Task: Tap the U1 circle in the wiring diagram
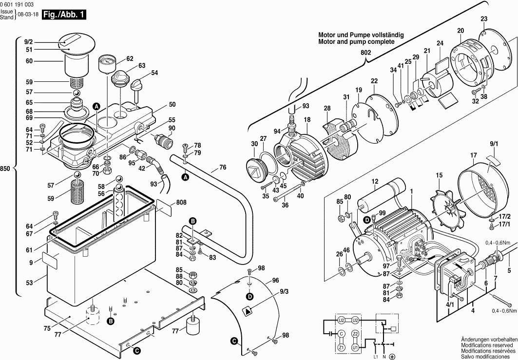click(355, 347)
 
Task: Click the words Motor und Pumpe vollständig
click(361, 36)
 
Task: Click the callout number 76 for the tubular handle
click(222, 167)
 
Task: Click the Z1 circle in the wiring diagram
click(342, 347)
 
